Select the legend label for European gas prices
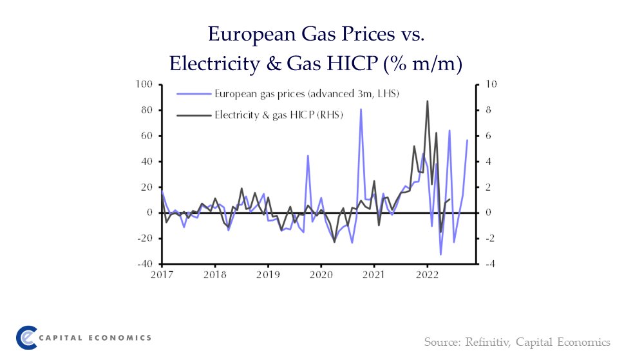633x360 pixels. tap(307, 94)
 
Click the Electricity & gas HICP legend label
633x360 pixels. tap(279, 115)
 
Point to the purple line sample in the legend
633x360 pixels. tap(194, 94)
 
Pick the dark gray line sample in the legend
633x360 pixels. tap(194, 115)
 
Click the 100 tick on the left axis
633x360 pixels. tap(144, 84)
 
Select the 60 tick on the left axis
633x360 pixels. tap(146, 136)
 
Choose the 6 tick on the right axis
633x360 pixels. tap(487, 136)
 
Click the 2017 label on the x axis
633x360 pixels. tap(162, 275)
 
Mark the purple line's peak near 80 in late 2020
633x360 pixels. tap(361, 109)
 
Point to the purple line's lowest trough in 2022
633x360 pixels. tap(441, 254)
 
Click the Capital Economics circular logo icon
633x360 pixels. tap(26, 337)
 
